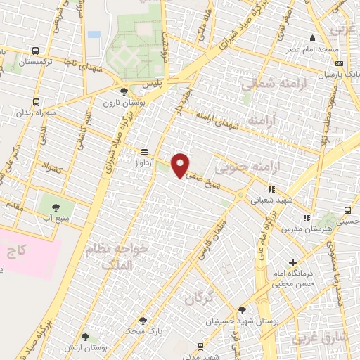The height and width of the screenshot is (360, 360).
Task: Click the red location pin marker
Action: pyautogui.click(x=181, y=165)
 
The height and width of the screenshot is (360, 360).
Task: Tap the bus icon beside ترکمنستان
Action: pyautogui.click(x=36, y=51)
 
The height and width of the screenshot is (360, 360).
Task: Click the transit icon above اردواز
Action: pyautogui.click(x=145, y=151)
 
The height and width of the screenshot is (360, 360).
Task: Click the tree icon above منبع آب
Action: pyautogui.click(x=56, y=207)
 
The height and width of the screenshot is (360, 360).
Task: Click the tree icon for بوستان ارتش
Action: pyautogui.click(x=85, y=337)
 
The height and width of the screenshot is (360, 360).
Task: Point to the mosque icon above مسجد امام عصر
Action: pyautogui.click(x=313, y=39)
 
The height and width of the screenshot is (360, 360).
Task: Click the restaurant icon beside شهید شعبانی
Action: pyautogui.click(x=271, y=188)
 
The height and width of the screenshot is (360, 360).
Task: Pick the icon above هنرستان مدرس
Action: pyautogui.click(x=306, y=217)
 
